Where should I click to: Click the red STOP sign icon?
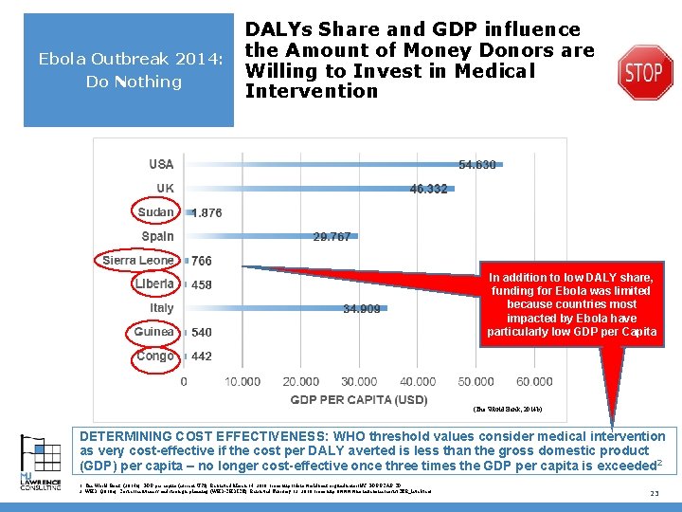click(x=645, y=71)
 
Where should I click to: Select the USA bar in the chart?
click(x=341, y=165)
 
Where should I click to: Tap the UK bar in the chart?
click(x=317, y=189)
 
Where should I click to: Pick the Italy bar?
click(x=284, y=308)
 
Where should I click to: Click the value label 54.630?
click(x=477, y=165)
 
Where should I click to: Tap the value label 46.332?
click(x=428, y=189)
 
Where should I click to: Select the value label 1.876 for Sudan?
click(x=206, y=213)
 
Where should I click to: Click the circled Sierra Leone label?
click(x=138, y=260)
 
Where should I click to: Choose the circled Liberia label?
click(x=154, y=283)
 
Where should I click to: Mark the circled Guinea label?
click(x=153, y=332)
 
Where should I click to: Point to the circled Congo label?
click(x=155, y=357)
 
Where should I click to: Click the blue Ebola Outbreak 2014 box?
click(x=128, y=70)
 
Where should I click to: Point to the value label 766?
click(x=202, y=261)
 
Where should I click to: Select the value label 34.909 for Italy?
click(x=362, y=308)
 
